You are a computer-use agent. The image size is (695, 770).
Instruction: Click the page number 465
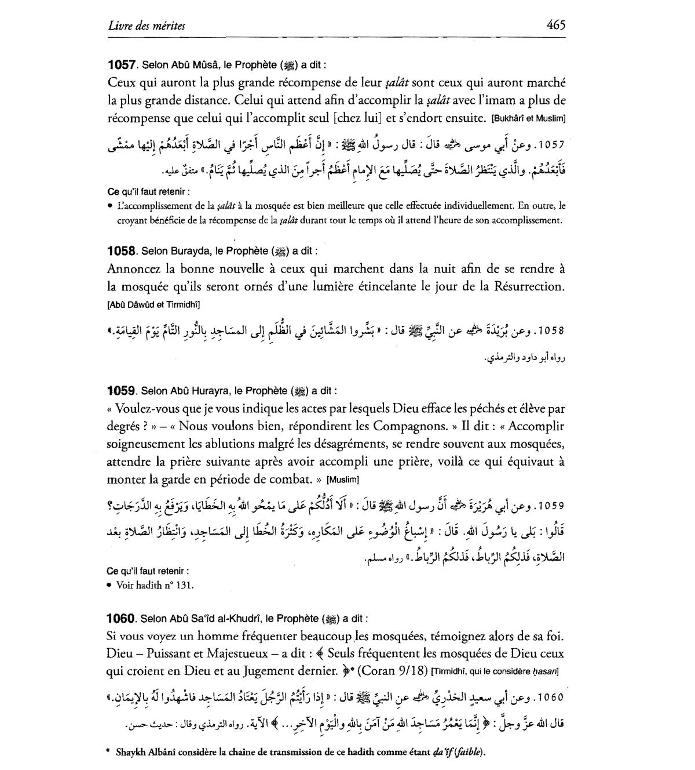click(x=555, y=25)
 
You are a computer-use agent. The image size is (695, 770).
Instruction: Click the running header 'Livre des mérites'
click(x=147, y=26)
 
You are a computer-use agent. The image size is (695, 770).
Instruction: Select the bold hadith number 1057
click(x=122, y=64)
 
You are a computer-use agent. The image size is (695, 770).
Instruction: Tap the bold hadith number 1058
click(x=122, y=252)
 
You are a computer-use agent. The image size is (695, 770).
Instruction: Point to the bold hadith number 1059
click(x=122, y=391)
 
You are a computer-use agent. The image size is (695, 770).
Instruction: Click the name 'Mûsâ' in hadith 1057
click(x=199, y=65)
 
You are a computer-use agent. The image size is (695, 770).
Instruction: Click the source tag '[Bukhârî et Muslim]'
click(x=528, y=119)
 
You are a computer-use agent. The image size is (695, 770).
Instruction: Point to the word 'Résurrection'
click(x=528, y=286)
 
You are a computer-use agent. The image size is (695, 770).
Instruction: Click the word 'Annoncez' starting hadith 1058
click(x=134, y=269)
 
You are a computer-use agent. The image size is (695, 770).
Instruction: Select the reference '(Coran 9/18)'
click(x=393, y=671)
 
